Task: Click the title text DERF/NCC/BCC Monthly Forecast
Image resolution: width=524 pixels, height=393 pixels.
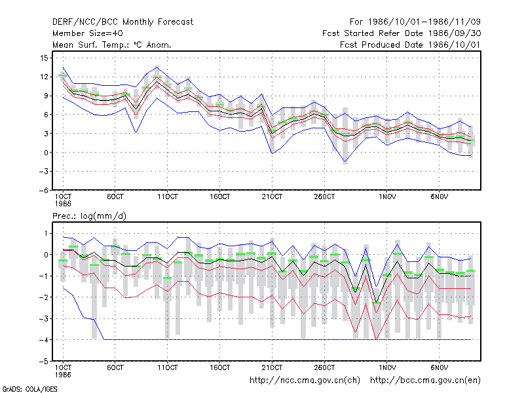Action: coord(122,22)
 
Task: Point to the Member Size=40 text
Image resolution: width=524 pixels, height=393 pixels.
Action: coord(88,33)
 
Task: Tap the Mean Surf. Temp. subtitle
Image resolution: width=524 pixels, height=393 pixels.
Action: coord(111,45)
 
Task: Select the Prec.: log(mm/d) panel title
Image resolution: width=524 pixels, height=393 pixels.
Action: coord(89,216)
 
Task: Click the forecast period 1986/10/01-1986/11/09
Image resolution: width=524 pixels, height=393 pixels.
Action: coord(415,22)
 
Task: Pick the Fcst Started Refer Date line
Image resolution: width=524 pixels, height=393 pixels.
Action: coord(402,33)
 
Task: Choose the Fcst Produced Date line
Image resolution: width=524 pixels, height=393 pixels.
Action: coord(410,45)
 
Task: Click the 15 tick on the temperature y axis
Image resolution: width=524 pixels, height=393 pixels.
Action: coord(44,58)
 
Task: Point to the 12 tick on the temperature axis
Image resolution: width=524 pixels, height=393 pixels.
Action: coord(44,77)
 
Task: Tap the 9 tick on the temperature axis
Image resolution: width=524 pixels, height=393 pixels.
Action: coord(46,96)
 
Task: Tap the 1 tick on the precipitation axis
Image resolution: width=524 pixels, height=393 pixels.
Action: coord(46,233)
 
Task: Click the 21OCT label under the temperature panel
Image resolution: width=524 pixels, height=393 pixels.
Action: coord(272,196)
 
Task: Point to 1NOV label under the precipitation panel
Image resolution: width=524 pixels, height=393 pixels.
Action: coord(387,367)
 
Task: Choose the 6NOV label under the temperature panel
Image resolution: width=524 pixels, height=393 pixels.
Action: coord(440,196)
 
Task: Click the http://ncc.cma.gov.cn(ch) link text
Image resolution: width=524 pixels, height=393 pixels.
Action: coord(305,381)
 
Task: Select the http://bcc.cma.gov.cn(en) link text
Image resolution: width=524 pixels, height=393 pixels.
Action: coord(425,381)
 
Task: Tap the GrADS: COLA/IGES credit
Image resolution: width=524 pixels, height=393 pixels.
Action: coord(29,389)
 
